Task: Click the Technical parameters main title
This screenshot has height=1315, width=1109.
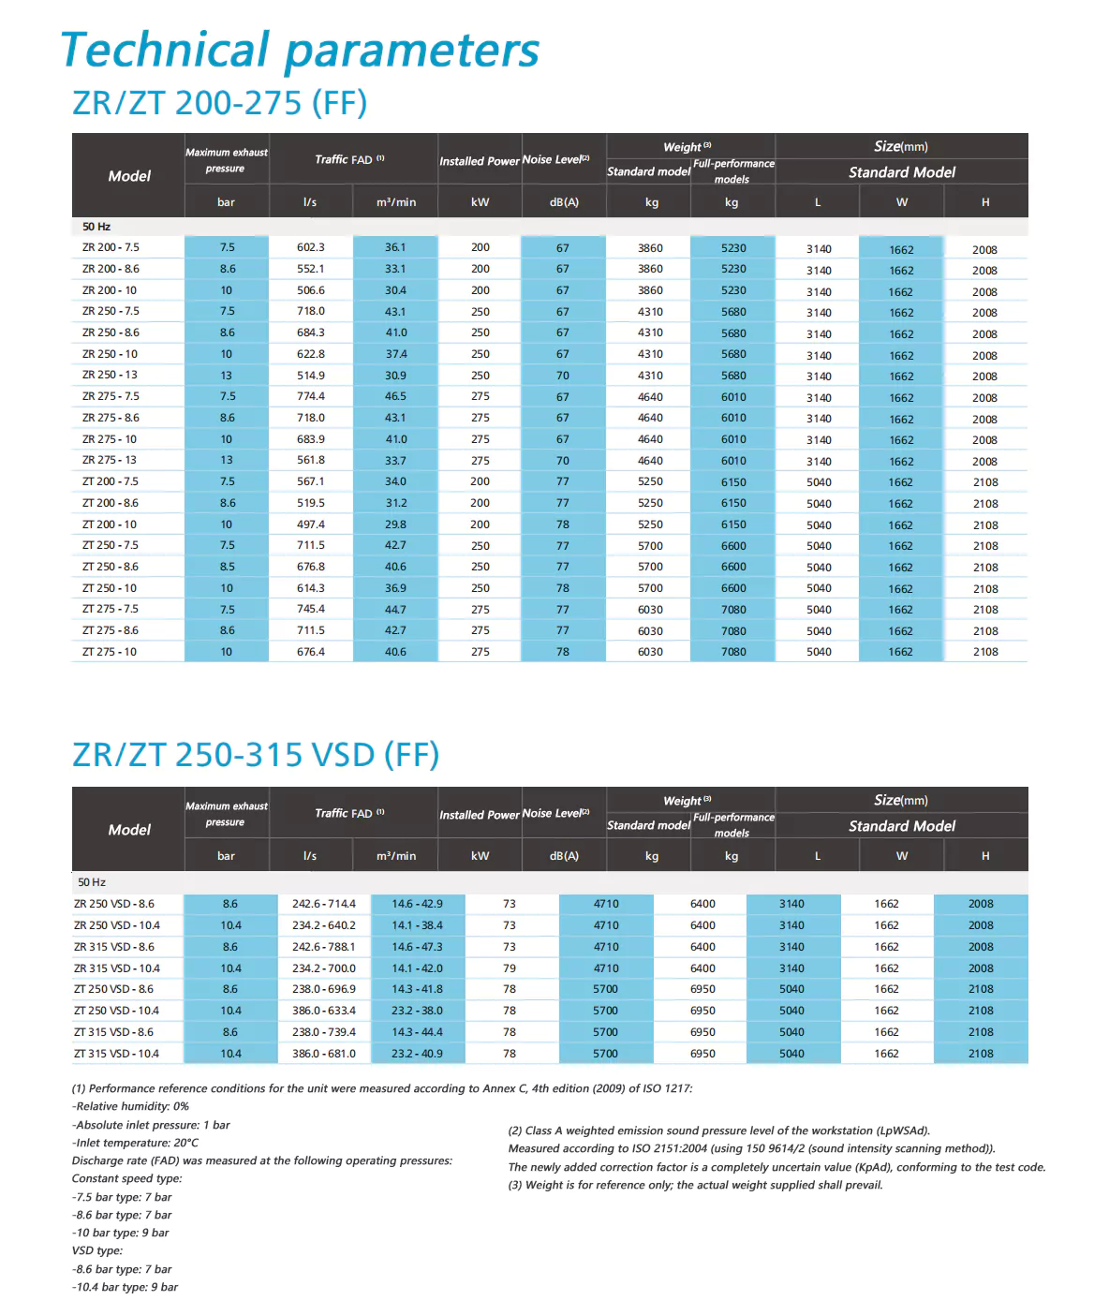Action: coord(300,51)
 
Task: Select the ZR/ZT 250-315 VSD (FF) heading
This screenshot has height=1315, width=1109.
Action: coord(256,755)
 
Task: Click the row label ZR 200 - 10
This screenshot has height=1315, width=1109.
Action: coord(110,290)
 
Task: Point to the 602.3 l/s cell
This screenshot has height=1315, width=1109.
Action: coord(311,247)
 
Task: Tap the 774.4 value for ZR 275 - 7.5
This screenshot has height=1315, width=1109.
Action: coord(311,396)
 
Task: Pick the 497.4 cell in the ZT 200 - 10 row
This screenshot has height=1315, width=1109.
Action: coord(311,525)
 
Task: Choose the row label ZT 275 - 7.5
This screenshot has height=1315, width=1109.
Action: coord(110,609)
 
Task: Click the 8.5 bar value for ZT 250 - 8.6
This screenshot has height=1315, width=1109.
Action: coord(227,567)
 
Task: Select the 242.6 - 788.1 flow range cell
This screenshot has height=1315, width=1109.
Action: coord(324,947)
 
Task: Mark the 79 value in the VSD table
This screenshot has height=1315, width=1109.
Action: coord(510,968)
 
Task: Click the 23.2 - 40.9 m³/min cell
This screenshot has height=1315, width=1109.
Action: coord(418,1054)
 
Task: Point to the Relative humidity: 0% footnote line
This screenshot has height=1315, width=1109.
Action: coord(130,1106)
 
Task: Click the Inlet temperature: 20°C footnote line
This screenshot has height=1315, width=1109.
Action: coord(135,1143)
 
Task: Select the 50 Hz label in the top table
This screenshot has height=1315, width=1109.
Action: coord(96,227)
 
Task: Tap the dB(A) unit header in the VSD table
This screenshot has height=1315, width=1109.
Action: coord(564,856)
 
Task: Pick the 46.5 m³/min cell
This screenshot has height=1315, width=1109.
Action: coord(395,396)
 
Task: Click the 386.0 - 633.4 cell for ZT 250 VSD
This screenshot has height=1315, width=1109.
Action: coord(324,1011)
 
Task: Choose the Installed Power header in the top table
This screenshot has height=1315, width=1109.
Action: coord(480,161)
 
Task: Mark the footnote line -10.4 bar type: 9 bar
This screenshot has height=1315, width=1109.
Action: coord(125,1287)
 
